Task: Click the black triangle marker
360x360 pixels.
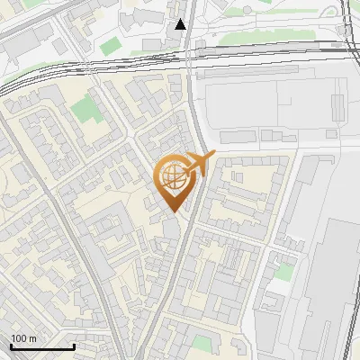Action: (181, 24)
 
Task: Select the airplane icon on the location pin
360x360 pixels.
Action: (198, 164)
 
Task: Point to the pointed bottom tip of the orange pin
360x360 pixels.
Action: (172, 212)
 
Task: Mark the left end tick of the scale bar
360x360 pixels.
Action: (10, 346)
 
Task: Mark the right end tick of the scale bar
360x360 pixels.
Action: (74, 346)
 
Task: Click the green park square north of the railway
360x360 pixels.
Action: (110, 45)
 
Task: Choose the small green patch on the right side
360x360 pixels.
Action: (284, 271)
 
